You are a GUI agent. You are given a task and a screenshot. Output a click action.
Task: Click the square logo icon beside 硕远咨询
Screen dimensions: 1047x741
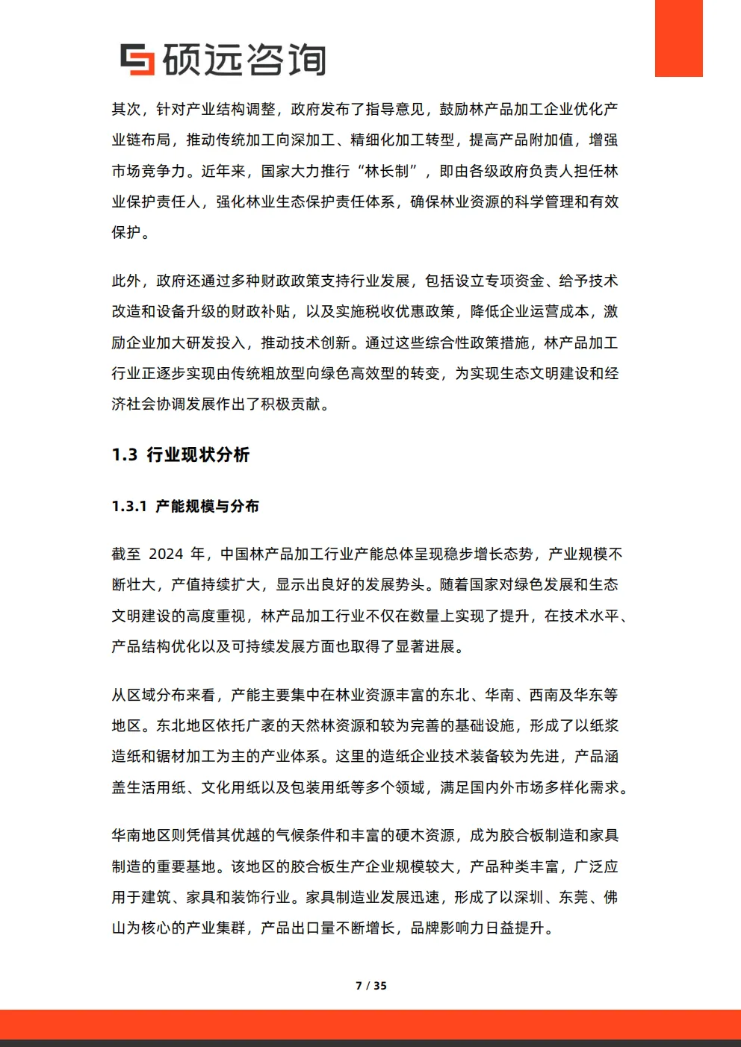click(137, 60)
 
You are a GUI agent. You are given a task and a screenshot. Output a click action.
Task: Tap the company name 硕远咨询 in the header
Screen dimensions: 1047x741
click(244, 60)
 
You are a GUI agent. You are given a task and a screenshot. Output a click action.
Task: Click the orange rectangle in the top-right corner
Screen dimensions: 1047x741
click(678, 38)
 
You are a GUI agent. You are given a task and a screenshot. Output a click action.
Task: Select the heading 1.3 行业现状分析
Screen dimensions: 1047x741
click(181, 454)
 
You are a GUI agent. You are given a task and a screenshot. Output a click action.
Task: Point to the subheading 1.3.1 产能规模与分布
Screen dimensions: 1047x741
click(185, 506)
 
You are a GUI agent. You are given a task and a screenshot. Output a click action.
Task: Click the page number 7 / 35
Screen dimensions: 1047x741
click(370, 985)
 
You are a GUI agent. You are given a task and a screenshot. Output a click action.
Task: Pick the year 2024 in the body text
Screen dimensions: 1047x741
click(166, 554)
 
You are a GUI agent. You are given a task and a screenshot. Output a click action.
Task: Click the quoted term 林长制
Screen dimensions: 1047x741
click(387, 171)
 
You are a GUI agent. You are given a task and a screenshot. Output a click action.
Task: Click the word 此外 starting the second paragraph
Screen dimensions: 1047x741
click(126, 281)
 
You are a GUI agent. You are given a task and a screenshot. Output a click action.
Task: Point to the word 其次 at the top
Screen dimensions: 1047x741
click(126, 109)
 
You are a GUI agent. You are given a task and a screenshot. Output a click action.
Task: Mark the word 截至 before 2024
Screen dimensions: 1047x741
click(126, 554)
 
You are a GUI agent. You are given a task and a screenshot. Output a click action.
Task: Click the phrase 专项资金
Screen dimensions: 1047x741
click(514, 281)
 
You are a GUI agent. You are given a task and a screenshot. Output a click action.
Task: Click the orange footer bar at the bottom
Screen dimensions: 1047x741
click(370, 1024)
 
